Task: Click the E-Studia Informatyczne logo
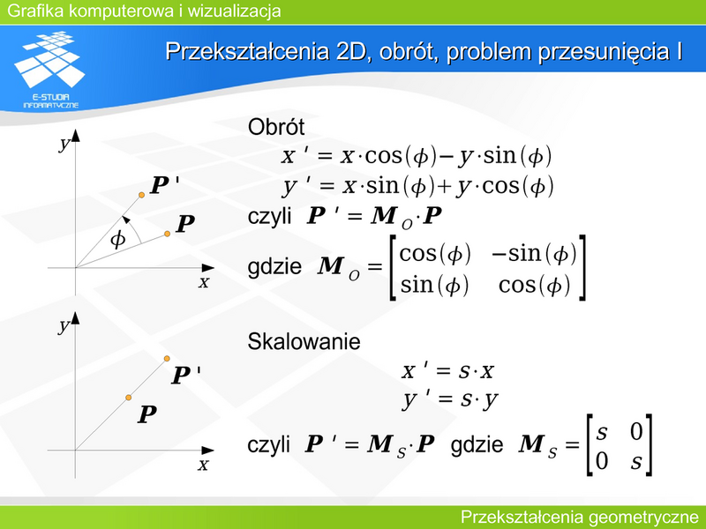click(x=49, y=70)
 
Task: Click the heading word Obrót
click(x=276, y=127)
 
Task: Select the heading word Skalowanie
click(x=304, y=341)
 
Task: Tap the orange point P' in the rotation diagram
click(x=141, y=195)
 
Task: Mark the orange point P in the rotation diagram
click(x=167, y=234)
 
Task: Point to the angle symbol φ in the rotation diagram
click(x=117, y=239)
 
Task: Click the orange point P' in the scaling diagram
click(x=167, y=359)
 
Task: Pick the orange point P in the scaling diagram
click(x=128, y=398)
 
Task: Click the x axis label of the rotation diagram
click(x=204, y=282)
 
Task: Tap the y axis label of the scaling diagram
click(x=64, y=326)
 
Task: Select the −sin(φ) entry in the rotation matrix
click(x=534, y=254)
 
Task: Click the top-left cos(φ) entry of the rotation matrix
click(x=435, y=254)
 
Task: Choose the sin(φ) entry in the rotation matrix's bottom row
click(x=434, y=286)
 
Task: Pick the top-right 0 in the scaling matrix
click(x=635, y=431)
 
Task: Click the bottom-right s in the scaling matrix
click(x=635, y=462)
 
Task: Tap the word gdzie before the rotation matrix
click(x=274, y=266)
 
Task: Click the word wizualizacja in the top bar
click(x=234, y=11)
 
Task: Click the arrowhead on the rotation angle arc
click(x=125, y=220)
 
